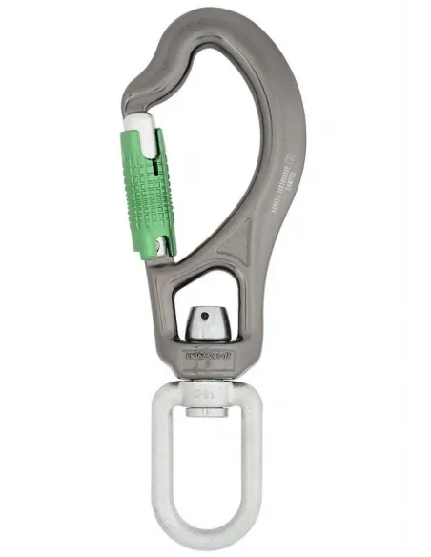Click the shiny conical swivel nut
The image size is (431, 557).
point(209,324)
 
